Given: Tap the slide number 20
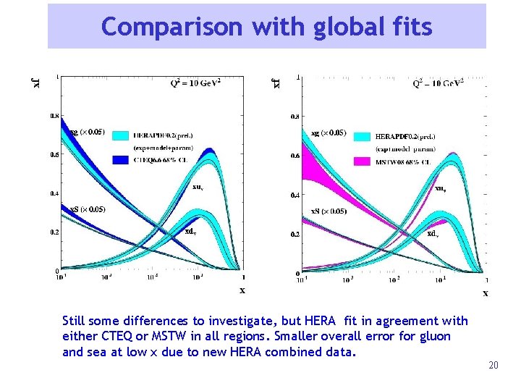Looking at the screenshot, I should (494, 365).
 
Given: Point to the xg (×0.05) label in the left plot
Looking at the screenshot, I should (86, 132).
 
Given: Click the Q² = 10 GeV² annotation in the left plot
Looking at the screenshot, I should (195, 83).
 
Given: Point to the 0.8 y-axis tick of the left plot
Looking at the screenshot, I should (54, 115).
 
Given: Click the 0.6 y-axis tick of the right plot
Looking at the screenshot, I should (295, 155).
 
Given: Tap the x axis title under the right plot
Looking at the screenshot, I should (485, 293).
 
